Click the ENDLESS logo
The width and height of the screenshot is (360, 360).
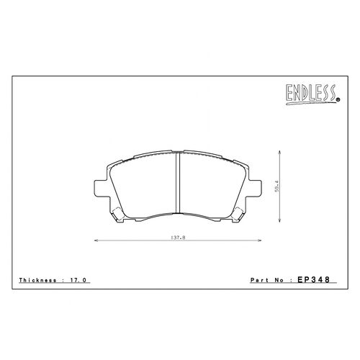(312, 94)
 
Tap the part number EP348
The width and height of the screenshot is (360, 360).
(314, 279)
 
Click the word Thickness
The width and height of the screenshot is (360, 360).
(37, 280)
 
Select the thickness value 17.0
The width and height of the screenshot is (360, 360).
(78, 280)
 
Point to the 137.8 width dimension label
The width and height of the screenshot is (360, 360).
(178, 238)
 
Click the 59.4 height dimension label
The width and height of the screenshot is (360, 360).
(277, 186)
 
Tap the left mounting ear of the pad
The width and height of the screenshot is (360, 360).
(100, 188)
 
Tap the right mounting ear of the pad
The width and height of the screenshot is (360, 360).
(255, 188)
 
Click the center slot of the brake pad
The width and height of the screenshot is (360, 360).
(178, 182)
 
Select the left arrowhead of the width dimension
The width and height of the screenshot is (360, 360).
(96, 240)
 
